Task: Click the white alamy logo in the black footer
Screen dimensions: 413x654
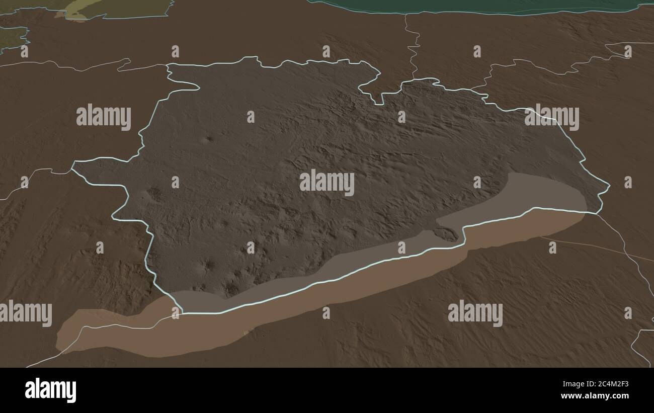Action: (50, 390)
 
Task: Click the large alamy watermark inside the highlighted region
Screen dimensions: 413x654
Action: (327, 183)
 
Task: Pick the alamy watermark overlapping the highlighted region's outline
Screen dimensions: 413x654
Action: (551, 117)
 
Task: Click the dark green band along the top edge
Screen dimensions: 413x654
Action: (478, 6)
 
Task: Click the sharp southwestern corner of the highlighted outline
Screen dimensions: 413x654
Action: (181, 312)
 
